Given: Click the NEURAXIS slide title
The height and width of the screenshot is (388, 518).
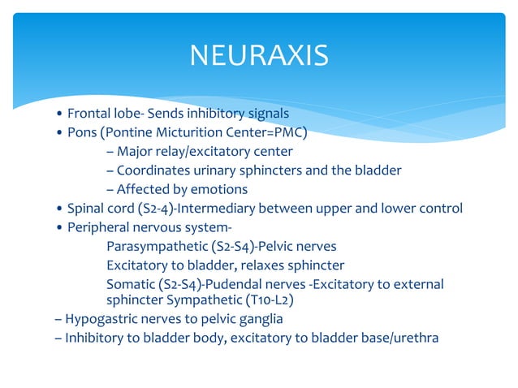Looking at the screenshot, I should (x=259, y=56).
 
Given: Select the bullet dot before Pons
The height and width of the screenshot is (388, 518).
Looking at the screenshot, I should (x=58, y=132).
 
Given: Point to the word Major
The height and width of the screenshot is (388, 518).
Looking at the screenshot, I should (x=135, y=152).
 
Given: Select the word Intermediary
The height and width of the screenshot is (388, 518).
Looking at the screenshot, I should (x=222, y=209).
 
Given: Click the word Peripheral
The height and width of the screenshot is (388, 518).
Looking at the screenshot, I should (x=101, y=227).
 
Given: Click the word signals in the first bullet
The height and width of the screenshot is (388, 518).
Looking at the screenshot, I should (x=265, y=113).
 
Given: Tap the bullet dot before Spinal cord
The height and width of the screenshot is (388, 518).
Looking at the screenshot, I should (x=58, y=209).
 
